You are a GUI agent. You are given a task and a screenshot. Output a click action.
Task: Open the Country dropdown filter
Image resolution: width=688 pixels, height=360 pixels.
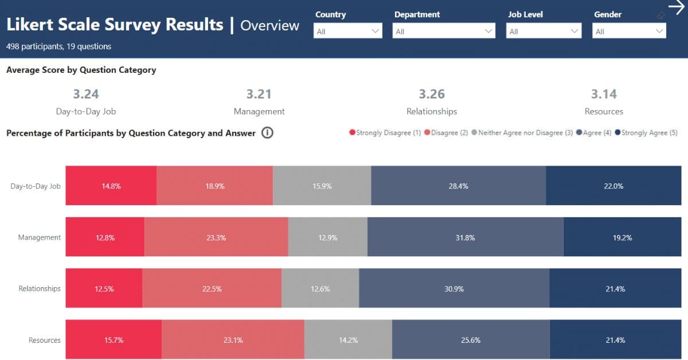[347, 31]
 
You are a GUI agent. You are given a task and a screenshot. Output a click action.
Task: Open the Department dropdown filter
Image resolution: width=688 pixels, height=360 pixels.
[444, 31]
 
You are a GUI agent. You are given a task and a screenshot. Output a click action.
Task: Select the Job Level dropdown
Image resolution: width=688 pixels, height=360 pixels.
[544, 31]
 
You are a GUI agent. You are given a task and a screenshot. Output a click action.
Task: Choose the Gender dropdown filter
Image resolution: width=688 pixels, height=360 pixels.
[629, 31]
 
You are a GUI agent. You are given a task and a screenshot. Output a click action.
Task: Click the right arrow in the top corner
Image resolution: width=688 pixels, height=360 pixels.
[677, 7]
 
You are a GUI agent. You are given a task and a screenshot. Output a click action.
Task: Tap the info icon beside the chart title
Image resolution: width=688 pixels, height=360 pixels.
[267, 133]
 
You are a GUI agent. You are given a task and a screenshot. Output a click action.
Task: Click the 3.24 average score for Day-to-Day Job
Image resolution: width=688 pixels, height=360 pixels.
[86, 94]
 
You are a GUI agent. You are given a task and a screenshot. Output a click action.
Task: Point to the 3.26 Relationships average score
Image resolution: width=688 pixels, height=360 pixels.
[432, 94]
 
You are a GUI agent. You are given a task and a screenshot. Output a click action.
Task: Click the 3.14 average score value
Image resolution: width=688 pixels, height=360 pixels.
[604, 94]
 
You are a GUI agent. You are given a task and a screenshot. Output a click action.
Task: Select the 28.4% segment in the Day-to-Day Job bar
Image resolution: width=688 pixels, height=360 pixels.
[458, 186]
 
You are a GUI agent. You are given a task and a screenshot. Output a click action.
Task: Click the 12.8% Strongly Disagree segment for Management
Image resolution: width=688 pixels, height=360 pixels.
[105, 237]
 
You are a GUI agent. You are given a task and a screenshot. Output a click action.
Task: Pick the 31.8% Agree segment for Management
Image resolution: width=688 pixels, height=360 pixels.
[465, 237]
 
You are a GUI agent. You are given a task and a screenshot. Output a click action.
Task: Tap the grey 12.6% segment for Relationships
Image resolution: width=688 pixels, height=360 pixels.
[320, 289]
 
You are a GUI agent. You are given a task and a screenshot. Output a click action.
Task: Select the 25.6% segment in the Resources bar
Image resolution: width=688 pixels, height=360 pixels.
[470, 340]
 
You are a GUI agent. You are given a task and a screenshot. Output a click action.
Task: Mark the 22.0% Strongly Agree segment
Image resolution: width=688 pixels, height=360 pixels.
[613, 186]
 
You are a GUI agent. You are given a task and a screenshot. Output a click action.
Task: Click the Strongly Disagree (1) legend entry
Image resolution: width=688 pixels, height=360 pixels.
[385, 133]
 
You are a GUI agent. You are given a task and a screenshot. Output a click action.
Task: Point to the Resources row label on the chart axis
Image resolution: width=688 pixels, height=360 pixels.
[44, 340]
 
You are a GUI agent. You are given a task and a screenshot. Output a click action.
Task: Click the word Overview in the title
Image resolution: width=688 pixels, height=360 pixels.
[269, 26]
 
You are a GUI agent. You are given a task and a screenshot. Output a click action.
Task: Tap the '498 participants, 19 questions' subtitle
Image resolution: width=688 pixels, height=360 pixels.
[58, 46]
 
